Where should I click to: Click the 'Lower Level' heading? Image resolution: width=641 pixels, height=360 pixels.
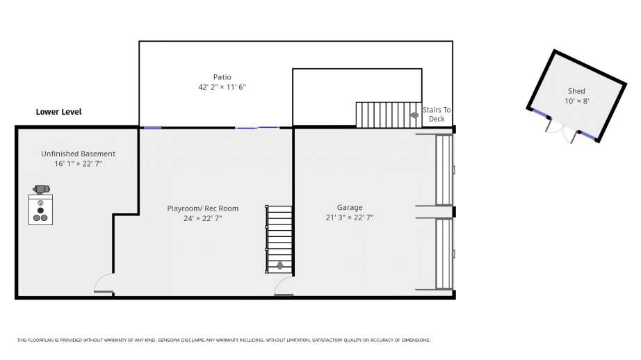pyautogui.click(x=58, y=112)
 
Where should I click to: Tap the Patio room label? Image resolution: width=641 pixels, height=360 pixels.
pyautogui.click(x=222, y=77)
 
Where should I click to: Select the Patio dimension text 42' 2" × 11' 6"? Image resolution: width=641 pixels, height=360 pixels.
pyautogui.click(x=222, y=87)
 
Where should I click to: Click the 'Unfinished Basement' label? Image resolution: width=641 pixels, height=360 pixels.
pyautogui.click(x=78, y=154)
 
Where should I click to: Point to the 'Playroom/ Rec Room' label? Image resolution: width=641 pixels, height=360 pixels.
pyautogui.click(x=203, y=208)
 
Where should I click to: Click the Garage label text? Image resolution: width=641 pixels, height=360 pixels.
pyautogui.click(x=350, y=208)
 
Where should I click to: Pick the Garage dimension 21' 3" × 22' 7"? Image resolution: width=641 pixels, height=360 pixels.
pyautogui.click(x=350, y=218)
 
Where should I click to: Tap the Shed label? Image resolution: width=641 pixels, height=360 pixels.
pyautogui.click(x=576, y=91)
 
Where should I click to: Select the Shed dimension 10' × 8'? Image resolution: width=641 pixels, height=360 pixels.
pyautogui.click(x=576, y=101)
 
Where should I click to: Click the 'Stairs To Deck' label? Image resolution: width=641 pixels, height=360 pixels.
pyautogui.click(x=437, y=115)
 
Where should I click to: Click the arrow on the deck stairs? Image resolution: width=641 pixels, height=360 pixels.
pyautogui.click(x=414, y=115)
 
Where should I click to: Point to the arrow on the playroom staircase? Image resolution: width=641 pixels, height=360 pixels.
pyautogui.click(x=280, y=265)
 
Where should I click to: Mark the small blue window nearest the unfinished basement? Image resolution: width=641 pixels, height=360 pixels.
pyautogui.click(x=152, y=128)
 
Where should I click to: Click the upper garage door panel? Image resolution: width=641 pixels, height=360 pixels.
pyautogui.click(x=444, y=170)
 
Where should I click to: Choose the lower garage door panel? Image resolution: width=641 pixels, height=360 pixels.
pyautogui.click(x=444, y=254)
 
